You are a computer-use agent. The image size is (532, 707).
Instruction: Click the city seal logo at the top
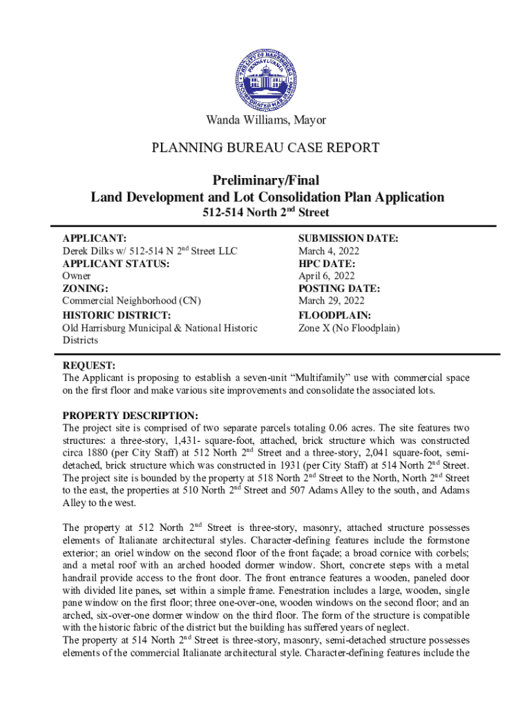266,72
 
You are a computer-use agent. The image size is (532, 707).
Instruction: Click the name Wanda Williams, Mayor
266,120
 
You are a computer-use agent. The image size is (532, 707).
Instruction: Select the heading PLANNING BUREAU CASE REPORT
266,147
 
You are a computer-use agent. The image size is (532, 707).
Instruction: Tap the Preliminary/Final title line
267,181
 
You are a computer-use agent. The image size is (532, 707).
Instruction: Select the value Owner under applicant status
77,275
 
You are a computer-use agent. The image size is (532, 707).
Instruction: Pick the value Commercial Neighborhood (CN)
131,300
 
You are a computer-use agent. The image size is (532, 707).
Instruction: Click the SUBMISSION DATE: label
348,238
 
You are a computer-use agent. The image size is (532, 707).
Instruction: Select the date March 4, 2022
328,251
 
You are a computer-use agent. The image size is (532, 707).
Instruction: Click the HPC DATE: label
327,263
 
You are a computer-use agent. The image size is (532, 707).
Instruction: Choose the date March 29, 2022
331,300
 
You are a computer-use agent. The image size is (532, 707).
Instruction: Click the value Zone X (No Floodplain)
349,328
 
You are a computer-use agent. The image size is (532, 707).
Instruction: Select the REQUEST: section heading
89,365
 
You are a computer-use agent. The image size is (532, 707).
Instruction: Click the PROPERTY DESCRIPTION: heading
131,416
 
